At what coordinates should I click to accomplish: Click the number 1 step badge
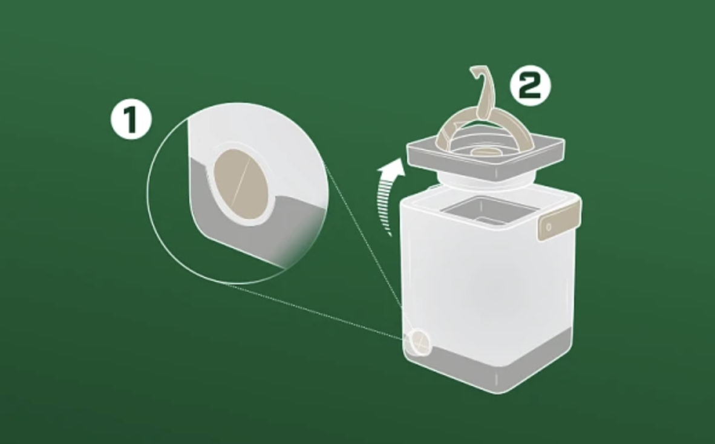[131, 120]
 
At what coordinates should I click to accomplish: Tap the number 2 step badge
[530, 86]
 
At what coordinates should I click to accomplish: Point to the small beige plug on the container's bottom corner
[418, 342]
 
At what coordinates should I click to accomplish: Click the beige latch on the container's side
[558, 222]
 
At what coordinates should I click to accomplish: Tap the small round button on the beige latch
[549, 227]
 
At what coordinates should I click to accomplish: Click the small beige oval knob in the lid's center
[485, 151]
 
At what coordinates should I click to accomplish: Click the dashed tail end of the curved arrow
[389, 232]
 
